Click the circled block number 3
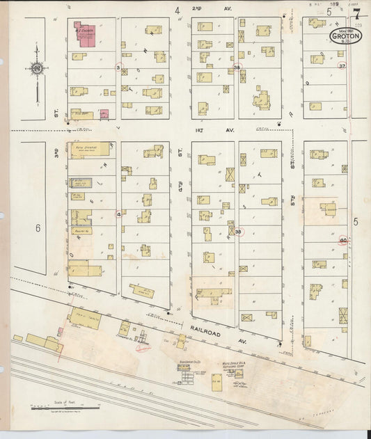119,67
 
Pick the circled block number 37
341,65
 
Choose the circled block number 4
119,214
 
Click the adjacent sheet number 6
38,228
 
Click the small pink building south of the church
104,113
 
